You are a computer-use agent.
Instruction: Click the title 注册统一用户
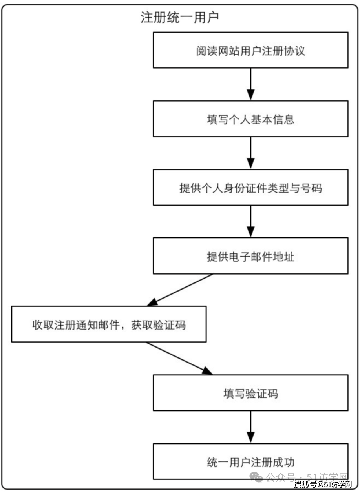pos(179,18)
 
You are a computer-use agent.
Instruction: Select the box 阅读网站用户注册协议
pos(250,50)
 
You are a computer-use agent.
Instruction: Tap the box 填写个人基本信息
pos(250,119)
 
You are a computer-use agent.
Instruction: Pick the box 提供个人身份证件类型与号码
pos(250,188)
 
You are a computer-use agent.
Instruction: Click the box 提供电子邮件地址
pos(250,256)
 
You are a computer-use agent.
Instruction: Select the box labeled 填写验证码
pos(250,393)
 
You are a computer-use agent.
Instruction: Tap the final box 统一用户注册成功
pos(250,461)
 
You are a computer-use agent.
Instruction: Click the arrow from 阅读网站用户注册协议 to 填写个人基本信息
pos(250,84)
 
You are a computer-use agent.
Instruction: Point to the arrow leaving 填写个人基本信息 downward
pos(250,153)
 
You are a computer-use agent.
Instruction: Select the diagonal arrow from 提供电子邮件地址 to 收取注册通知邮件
pos(180,290)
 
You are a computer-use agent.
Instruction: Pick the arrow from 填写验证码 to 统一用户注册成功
pos(250,427)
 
